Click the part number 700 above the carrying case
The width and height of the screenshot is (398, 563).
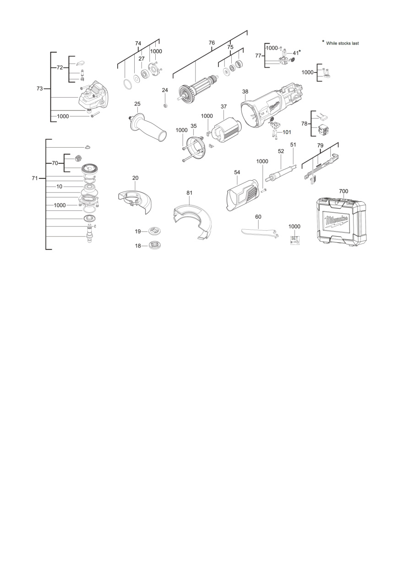[x=343, y=191]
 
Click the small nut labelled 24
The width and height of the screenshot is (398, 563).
[x=165, y=105]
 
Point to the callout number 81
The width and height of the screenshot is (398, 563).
[x=189, y=193]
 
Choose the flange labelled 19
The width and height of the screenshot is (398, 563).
[x=153, y=231]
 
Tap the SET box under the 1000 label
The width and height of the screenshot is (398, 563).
[x=294, y=240]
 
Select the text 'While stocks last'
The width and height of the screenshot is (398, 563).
[x=342, y=43]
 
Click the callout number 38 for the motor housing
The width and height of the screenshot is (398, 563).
[x=245, y=92]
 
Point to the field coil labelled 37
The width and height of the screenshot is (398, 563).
[x=227, y=132]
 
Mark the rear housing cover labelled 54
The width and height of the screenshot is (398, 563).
[x=242, y=196]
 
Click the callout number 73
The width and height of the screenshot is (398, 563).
[x=40, y=88]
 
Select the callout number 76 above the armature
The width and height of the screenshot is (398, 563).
[x=212, y=43]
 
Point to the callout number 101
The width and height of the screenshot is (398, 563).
[x=287, y=132]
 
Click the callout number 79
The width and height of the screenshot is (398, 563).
[x=320, y=145]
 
